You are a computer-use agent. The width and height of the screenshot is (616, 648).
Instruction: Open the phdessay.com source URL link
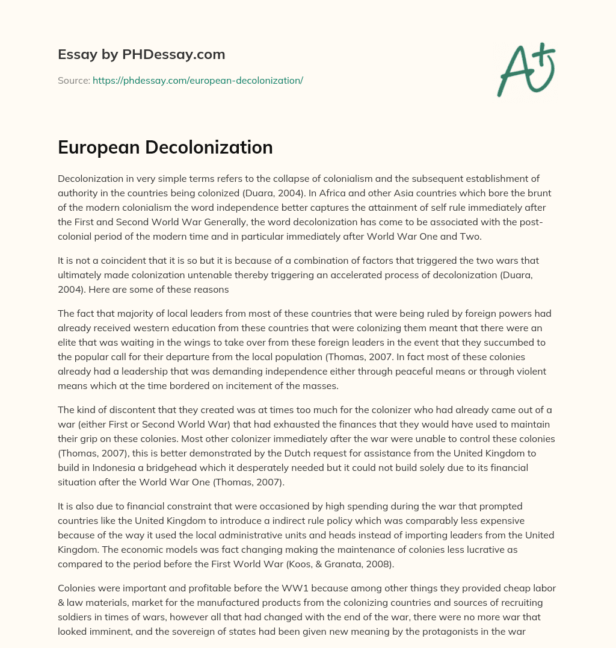198,80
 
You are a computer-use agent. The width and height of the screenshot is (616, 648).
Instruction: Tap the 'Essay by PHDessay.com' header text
141,55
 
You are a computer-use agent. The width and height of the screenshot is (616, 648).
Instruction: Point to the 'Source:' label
73,80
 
